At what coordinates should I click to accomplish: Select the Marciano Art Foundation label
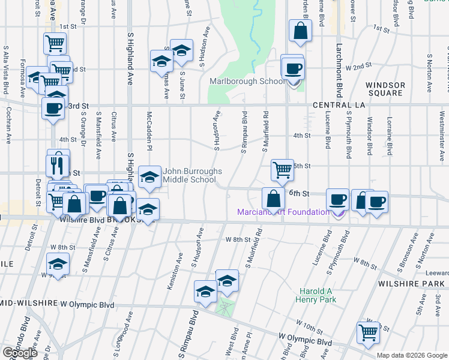coord(282,212)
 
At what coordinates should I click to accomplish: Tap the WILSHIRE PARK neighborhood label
coord(410,282)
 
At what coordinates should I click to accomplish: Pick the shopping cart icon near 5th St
coord(282,169)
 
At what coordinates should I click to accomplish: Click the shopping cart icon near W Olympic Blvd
coord(368,332)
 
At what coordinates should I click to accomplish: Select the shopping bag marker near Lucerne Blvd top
coord(300,30)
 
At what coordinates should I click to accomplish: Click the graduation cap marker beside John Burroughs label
coord(149,176)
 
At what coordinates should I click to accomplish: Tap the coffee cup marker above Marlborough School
coord(292,68)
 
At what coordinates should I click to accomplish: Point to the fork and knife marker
coord(58,165)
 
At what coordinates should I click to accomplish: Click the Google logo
coord(20,353)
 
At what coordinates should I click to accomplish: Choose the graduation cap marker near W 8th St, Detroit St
coord(58,263)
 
